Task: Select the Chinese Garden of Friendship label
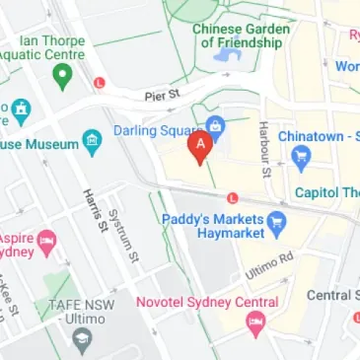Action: [x=242, y=36]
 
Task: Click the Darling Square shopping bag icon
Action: [x=214, y=125]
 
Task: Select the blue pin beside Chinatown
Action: [x=302, y=155]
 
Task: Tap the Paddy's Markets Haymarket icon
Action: [x=277, y=222]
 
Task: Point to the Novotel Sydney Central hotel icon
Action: [x=254, y=321]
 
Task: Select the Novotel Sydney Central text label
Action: [x=206, y=302]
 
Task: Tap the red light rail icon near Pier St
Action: [x=99, y=83]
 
